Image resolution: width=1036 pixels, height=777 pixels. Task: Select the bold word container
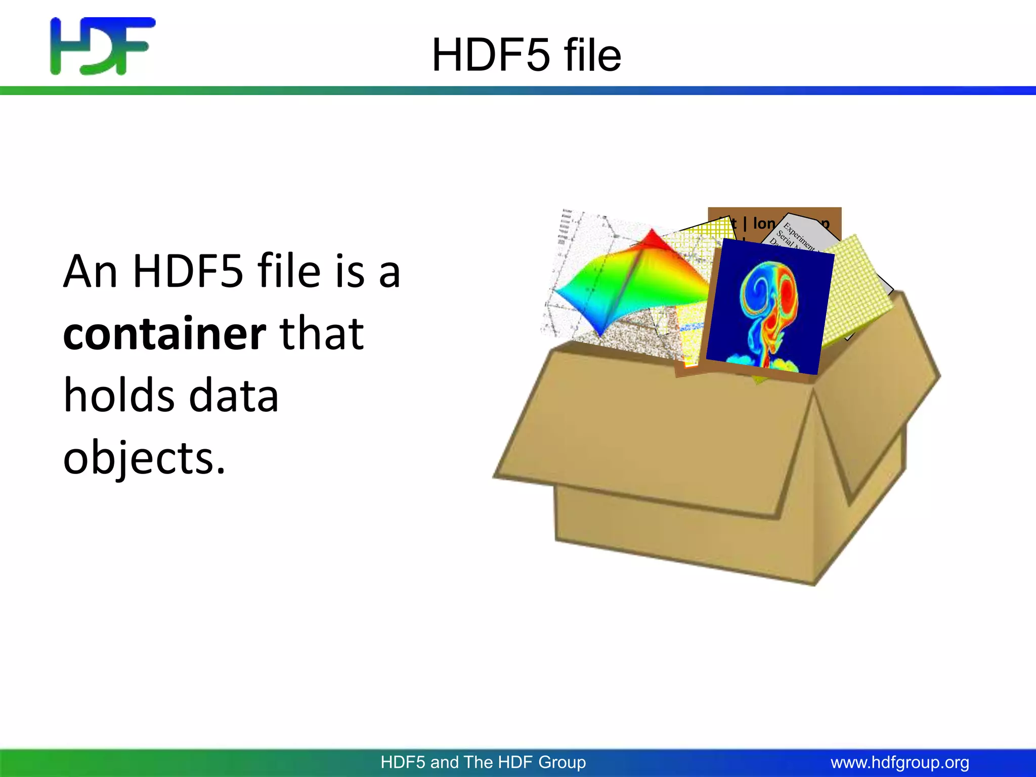[164, 334]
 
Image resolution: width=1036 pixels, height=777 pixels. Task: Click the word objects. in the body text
[144, 458]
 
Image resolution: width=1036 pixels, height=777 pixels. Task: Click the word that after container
[322, 334]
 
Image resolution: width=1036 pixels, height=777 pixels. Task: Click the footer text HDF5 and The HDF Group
[483, 762]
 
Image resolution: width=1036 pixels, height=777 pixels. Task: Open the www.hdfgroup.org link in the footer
[900, 762]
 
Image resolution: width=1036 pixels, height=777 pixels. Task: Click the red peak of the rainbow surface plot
[653, 238]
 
